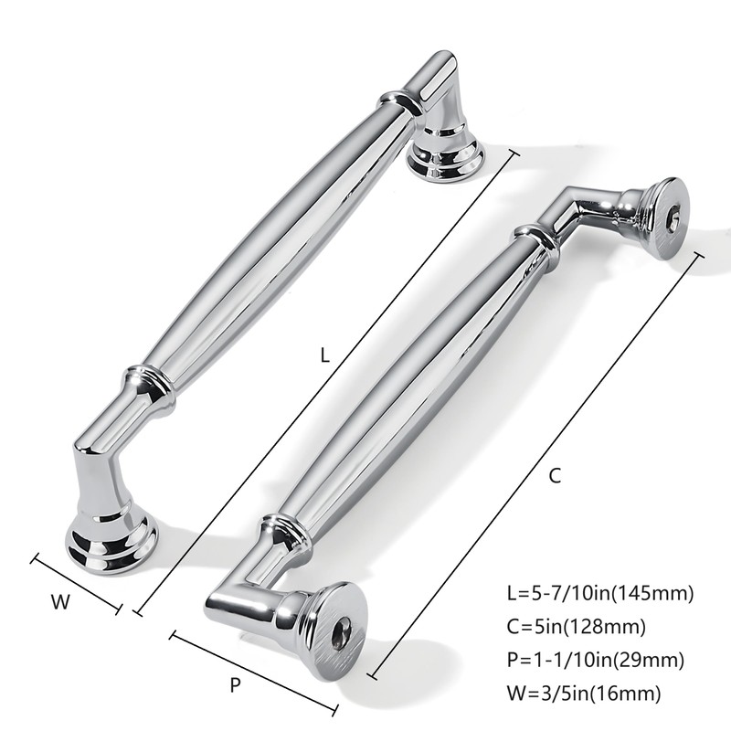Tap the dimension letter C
(x=555, y=476)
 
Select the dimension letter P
(x=235, y=683)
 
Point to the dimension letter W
(x=59, y=602)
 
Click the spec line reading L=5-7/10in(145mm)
(x=599, y=593)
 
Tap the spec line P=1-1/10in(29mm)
(x=593, y=660)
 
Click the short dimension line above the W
(x=77, y=582)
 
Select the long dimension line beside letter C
(x=539, y=464)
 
